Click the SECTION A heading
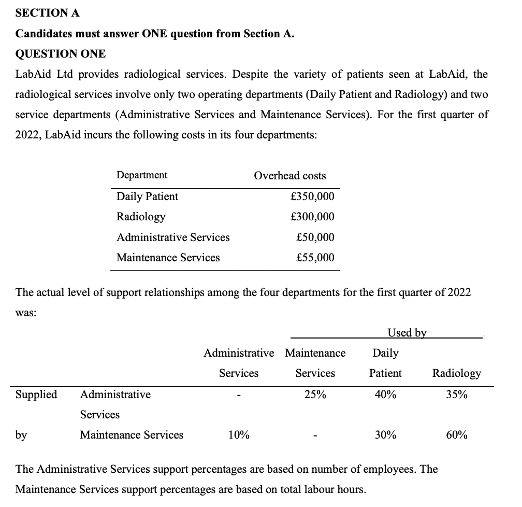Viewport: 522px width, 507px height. pyautogui.click(x=48, y=13)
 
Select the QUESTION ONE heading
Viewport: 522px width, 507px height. pyautogui.click(x=61, y=53)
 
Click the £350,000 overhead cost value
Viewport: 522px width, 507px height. pyautogui.click(x=312, y=196)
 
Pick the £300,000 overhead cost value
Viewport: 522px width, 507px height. pyautogui.click(x=312, y=217)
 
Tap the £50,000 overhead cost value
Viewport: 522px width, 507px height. pyautogui.click(x=315, y=237)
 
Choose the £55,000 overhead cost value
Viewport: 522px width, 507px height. pyautogui.click(x=315, y=258)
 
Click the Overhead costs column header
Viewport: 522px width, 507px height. pyautogui.click(x=289, y=176)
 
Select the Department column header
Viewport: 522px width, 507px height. pyautogui.click(x=142, y=175)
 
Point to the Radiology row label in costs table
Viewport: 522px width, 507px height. pyautogui.click(x=141, y=217)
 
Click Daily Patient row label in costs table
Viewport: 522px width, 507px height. pyautogui.click(x=147, y=196)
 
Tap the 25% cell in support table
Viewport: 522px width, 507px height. pyautogui.click(x=315, y=395)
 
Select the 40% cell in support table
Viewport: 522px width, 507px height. pyautogui.click(x=385, y=395)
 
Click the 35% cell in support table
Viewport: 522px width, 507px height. pyautogui.click(x=456, y=395)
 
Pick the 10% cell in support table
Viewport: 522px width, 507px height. pyautogui.click(x=239, y=435)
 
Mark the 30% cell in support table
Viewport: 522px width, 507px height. pyautogui.click(x=385, y=435)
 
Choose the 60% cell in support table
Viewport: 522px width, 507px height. pyautogui.click(x=456, y=435)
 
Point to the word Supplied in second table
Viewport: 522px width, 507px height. pyautogui.click(x=36, y=395)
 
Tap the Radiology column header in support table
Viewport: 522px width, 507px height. pyautogui.click(x=456, y=373)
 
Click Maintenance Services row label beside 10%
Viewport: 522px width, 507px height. pyautogui.click(x=132, y=435)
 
